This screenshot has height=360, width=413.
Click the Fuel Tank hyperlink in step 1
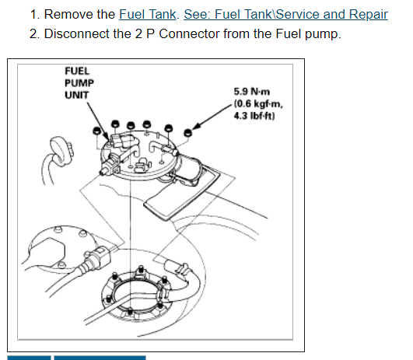point(148,14)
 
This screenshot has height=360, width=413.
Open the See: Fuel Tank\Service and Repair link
point(285,14)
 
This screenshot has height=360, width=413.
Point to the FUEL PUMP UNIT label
point(79,83)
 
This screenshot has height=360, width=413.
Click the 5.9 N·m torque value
point(252,92)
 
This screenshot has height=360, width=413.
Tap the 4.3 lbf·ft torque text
point(254,116)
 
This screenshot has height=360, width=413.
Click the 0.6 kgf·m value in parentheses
point(258,103)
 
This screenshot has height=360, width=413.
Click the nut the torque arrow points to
point(187,132)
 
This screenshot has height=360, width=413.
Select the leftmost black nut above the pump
point(97,131)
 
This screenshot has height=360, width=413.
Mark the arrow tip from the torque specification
point(193,129)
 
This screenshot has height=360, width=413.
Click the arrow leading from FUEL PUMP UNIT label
point(98,121)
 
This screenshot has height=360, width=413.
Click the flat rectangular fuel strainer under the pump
point(182,192)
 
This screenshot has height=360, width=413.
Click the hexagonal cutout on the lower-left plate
point(48,253)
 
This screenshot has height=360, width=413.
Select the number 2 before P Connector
point(138,33)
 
